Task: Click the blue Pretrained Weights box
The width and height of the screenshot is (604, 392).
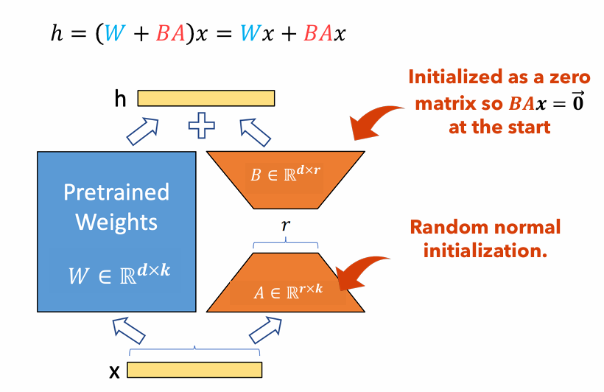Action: pyautogui.click(x=116, y=232)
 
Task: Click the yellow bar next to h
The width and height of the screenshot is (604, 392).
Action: pyautogui.click(x=206, y=98)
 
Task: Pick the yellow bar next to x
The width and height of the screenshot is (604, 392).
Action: pyautogui.click(x=194, y=369)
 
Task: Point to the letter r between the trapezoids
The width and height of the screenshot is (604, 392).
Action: pyautogui.click(x=285, y=225)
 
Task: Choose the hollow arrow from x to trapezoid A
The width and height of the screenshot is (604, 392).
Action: pyautogui.click(x=264, y=329)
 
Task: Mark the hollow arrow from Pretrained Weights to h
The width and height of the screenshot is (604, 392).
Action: pyautogui.click(x=143, y=132)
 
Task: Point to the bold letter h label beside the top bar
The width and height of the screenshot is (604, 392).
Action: pyautogui.click(x=120, y=98)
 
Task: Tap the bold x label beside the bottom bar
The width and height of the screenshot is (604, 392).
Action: pyautogui.click(x=114, y=371)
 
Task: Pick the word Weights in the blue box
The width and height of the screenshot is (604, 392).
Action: pyautogui.click(x=116, y=221)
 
